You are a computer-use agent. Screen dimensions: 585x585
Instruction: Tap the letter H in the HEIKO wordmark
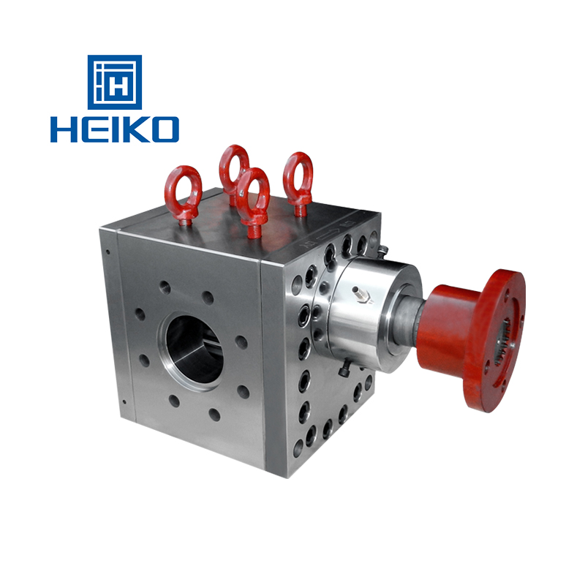click(x=64, y=129)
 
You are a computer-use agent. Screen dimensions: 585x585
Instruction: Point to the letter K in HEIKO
click(x=131, y=129)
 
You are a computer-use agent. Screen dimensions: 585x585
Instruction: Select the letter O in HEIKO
click(x=162, y=129)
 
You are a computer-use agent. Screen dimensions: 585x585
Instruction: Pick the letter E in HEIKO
click(x=91, y=129)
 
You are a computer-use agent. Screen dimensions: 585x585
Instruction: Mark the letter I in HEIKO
click(x=110, y=129)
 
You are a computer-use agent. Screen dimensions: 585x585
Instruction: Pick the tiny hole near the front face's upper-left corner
click(x=108, y=253)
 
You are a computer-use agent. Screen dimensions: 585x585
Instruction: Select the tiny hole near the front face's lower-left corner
click(x=125, y=401)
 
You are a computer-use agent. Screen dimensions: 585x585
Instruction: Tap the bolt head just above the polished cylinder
click(x=382, y=250)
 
